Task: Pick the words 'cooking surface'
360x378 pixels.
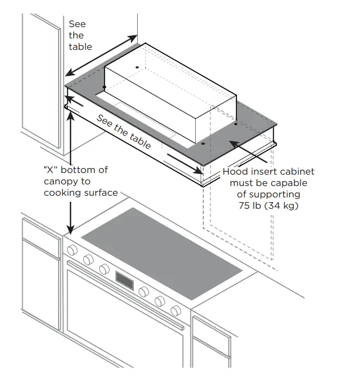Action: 81,193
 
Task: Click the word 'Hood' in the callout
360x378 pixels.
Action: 234,171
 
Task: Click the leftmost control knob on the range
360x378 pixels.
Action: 71,251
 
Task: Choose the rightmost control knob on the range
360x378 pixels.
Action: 176,311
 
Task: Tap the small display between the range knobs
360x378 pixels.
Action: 125,281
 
